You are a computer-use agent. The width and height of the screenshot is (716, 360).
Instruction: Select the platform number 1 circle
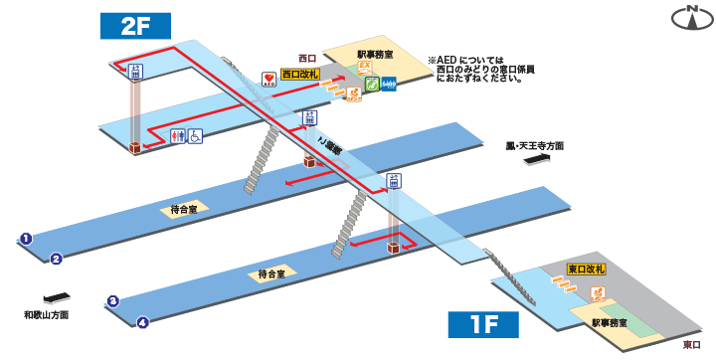point(26,239)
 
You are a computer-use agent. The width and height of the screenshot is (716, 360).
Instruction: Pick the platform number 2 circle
point(57,259)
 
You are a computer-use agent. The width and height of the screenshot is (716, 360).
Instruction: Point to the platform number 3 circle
point(113,301)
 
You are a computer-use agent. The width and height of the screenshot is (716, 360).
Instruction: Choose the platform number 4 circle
point(143,321)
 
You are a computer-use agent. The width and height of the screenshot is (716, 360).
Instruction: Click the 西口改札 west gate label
point(299,73)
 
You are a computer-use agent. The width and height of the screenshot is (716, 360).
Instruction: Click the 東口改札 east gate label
point(586,270)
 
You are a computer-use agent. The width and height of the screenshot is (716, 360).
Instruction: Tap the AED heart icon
point(268,78)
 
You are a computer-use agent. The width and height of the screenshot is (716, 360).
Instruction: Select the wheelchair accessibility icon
point(196,135)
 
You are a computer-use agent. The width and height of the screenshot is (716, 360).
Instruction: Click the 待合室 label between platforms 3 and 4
point(271,273)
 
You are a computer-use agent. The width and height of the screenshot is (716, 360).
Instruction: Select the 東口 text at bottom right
point(692,345)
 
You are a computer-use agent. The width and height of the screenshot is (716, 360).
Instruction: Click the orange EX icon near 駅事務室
point(364,68)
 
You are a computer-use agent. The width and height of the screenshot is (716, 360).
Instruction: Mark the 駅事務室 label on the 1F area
point(607,323)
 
